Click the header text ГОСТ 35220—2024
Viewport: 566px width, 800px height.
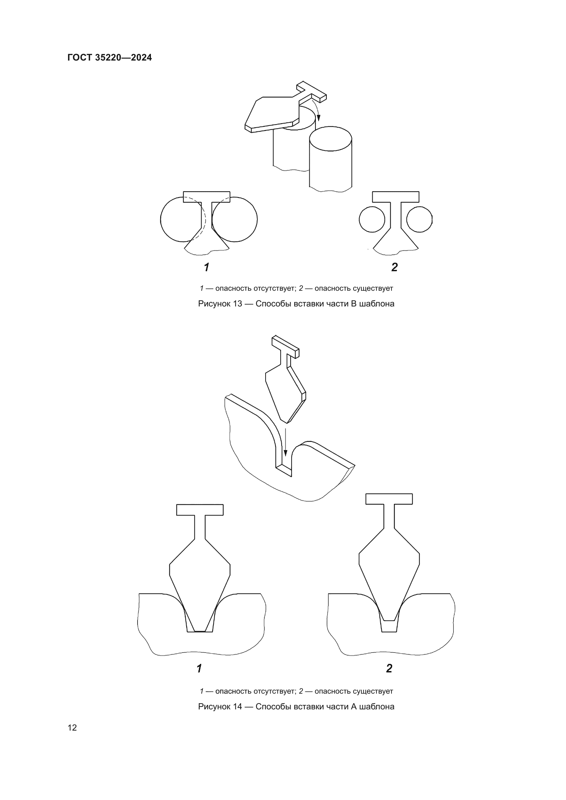click(x=110, y=57)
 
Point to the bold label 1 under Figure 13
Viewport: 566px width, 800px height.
click(x=206, y=267)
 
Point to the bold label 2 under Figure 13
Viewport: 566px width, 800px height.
click(x=395, y=267)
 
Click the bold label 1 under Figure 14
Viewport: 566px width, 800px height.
click(x=199, y=669)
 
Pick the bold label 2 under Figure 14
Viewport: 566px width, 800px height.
click(x=389, y=668)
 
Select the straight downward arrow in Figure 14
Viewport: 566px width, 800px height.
click(x=285, y=442)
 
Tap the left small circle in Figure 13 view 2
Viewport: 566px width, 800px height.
click(x=372, y=219)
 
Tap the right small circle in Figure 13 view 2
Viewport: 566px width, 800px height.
click(x=419, y=219)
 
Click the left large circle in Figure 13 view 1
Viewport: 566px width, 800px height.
click(x=161, y=220)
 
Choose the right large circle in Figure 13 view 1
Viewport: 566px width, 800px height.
click(x=257, y=220)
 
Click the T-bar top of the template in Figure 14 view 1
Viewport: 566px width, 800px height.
click(x=200, y=510)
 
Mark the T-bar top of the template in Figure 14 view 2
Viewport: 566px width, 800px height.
click(x=389, y=499)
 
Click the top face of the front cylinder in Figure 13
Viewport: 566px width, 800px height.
click(x=331, y=139)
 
